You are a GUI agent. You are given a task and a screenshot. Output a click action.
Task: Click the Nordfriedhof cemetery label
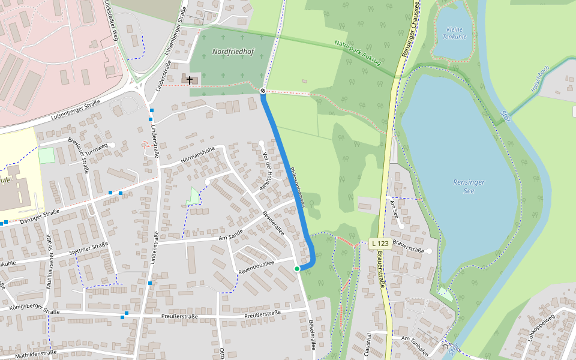pyautogui.click(x=233, y=52)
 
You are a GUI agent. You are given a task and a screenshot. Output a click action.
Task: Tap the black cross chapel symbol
pyautogui.click(x=190, y=80)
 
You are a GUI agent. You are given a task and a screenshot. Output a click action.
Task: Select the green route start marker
pyautogui.click(x=297, y=269)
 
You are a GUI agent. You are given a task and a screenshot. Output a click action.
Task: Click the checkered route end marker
pyautogui.click(x=263, y=91)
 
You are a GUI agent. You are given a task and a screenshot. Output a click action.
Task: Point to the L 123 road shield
pyautogui.click(x=380, y=244)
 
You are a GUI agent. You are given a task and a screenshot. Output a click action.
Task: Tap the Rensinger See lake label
pyautogui.click(x=469, y=186)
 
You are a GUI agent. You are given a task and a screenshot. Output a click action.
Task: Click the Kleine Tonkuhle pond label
pyautogui.click(x=454, y=33)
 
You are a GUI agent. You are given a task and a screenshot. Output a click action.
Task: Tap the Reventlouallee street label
pyautogui.click(x=256, y=267)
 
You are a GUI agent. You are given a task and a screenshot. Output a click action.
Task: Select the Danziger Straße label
pyautogui.click(x=40, y=215)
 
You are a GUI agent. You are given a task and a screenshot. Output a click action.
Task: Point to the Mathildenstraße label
pyautogui.click(x=35, y=353)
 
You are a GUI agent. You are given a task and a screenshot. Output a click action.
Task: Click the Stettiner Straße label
pyautogui.click(x=88, y=248)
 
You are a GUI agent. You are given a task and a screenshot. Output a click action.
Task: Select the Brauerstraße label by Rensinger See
pyautogui.click(x=409, y=249)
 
